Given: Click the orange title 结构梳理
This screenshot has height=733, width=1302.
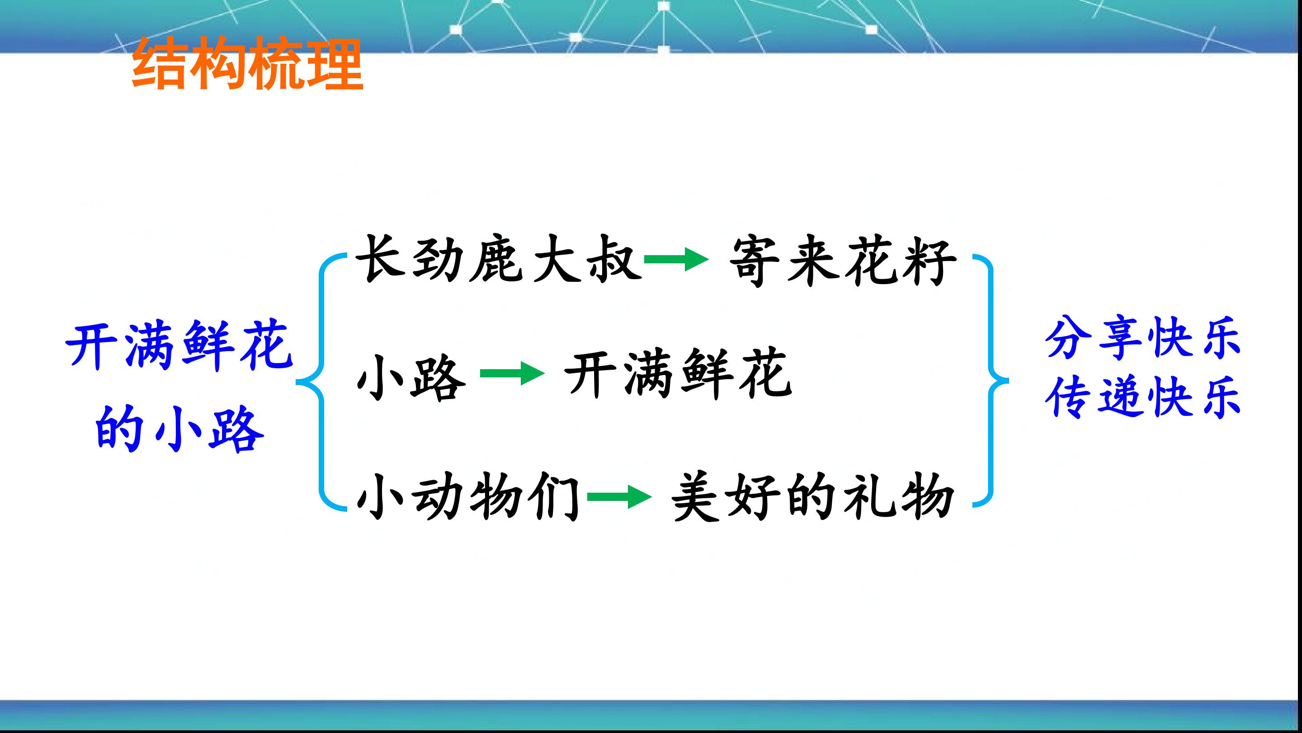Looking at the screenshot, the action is coord(248,63).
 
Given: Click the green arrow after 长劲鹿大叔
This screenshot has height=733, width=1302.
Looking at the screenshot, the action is coord(676,260).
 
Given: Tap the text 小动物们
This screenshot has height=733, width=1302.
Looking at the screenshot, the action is coord(468,496).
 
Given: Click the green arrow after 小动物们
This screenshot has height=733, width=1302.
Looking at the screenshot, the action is coord(619,498).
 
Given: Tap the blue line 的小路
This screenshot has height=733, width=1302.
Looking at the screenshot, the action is coord(180,428).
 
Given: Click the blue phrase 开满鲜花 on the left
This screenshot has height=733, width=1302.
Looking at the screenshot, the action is coord(179,347).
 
